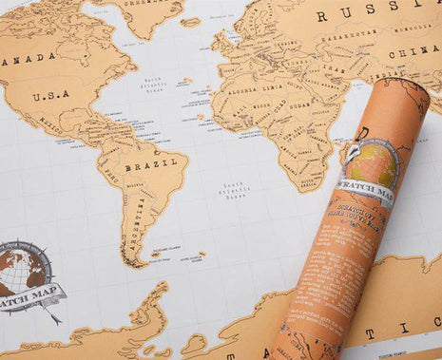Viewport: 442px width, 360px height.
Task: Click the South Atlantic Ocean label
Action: (234, 191)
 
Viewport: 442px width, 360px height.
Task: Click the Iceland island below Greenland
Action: (190, 22)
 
